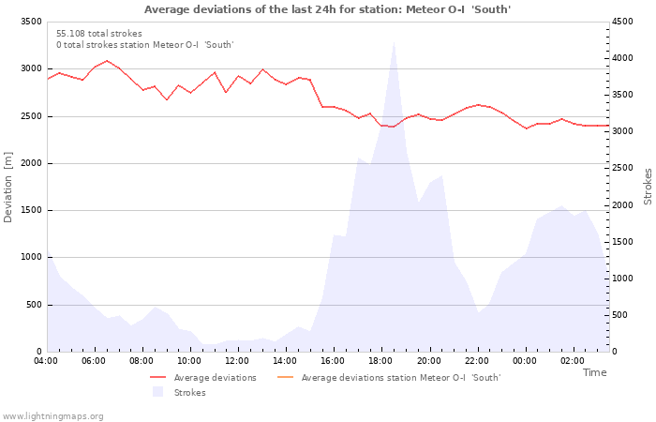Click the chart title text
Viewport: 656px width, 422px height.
point(327,9)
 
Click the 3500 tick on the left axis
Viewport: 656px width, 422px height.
point(30,22)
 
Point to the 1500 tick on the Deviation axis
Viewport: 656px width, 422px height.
point(30,210)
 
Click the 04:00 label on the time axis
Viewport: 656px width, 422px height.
point(47,360)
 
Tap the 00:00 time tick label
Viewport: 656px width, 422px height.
point(525,360)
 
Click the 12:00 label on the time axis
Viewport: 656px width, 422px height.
point(238,360)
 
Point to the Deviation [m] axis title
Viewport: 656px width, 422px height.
point(9,188)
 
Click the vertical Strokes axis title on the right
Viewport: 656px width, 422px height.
point(647,186)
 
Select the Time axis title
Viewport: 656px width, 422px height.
point(594,372)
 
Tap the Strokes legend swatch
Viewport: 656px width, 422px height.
point(157,392)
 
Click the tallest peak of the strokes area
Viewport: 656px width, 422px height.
point(394,40)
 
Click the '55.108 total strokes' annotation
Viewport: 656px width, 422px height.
point(99,34)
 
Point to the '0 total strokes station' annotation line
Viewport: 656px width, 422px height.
point(144,45)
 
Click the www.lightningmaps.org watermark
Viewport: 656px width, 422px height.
point(52,415)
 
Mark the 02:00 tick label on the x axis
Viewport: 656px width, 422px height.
point(573,360)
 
